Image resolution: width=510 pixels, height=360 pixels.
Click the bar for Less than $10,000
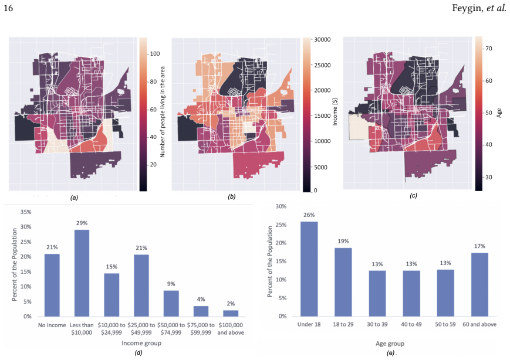82,273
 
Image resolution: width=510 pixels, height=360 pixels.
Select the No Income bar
52,285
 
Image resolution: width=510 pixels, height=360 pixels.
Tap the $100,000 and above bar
231,313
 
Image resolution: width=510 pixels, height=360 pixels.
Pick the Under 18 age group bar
309,269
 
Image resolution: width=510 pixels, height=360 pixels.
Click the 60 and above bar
479,284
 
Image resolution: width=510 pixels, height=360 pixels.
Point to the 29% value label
82,223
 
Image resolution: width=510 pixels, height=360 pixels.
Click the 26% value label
309,215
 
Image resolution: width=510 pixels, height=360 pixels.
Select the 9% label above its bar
171,284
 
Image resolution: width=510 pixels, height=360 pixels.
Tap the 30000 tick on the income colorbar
322,40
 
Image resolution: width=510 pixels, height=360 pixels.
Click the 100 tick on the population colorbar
155,54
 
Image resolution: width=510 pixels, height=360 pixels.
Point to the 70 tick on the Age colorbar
488,49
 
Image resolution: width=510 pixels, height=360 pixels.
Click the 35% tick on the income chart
26,212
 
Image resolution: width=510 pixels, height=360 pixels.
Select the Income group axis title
141,343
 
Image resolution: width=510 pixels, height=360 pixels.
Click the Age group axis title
390,344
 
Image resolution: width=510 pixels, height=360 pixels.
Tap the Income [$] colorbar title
335,112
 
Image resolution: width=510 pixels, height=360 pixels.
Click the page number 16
8,8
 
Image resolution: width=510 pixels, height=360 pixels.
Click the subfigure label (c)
413,196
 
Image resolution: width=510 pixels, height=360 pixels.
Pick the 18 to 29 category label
343,324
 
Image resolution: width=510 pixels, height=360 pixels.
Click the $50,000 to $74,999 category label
171,328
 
